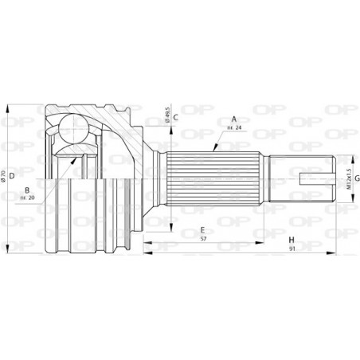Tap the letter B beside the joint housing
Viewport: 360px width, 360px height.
27,190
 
